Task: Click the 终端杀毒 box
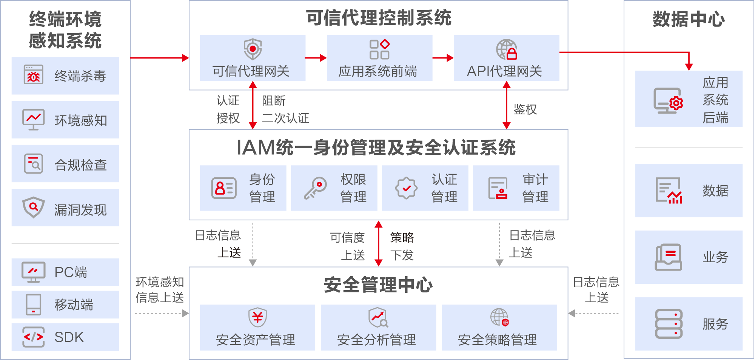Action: pos(65,75)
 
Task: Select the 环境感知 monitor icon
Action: pos(33,120)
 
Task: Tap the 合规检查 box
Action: pos(65,164)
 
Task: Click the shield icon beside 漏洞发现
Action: pos(33,207)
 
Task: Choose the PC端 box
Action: pos(65,272)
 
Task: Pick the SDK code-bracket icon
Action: pos(33,337)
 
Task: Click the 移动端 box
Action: pos(65,304)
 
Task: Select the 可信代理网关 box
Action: pos(252,58)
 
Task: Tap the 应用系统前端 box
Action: pos(379,58)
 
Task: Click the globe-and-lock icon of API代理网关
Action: pos(506,49)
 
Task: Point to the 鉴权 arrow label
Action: pos(525,109)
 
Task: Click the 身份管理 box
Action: pos(243,188)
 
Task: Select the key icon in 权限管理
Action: pos(315,188)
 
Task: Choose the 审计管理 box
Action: pos(516,188)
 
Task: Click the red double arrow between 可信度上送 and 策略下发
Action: pos(378,243)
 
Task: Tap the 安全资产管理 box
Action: pos(257,327)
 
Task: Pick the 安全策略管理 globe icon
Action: pos(499,317)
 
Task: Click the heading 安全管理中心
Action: pos(378,285)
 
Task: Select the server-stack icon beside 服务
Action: pos(668,324)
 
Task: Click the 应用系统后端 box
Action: pos(689,99)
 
